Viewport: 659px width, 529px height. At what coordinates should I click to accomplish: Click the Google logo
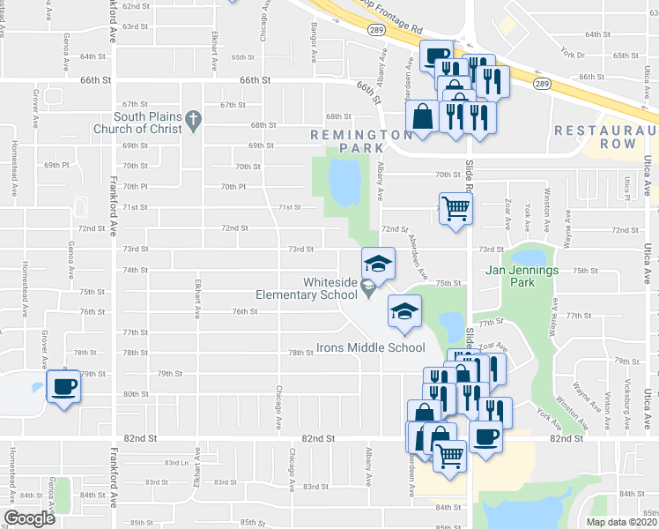click(30, 518)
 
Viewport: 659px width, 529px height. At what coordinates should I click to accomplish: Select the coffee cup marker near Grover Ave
click(63, 386)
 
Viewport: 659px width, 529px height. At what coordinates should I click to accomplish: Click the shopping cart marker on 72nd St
click(455, 209)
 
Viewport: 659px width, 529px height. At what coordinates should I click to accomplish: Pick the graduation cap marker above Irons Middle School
click(405, 311)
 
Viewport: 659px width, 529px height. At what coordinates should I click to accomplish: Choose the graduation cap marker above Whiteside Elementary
click(377, 263)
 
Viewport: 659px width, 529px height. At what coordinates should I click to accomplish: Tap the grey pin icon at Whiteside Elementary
click(370, 288)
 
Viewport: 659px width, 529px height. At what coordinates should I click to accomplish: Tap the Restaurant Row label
click(606, 138)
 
